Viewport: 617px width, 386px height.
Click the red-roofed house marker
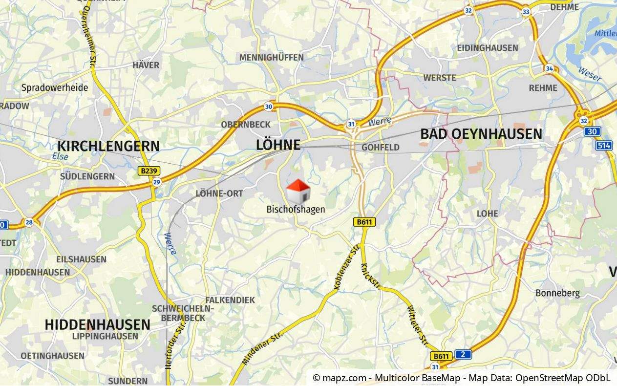click(298, 191)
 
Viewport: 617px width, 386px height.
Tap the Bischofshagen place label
click(296, 209)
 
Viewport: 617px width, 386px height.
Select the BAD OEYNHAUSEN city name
click(481, 134)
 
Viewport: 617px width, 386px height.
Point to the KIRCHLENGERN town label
click(108, 146)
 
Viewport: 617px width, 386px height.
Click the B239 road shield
click(149, 171)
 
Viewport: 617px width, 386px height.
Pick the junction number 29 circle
click(156, 182)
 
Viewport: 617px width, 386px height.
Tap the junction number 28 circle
click(29, 222)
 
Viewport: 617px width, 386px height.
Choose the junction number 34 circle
click(550, 68)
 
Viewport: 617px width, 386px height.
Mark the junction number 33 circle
click(526, 12)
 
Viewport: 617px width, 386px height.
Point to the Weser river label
click(590, 74)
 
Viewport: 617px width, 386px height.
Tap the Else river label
click(61, 157)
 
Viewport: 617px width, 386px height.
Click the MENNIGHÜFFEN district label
click(271, 58)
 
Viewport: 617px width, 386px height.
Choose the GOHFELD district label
click(380, 147)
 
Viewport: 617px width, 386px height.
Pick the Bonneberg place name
click(557, 293)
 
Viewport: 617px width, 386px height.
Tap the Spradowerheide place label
click(55, 88)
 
